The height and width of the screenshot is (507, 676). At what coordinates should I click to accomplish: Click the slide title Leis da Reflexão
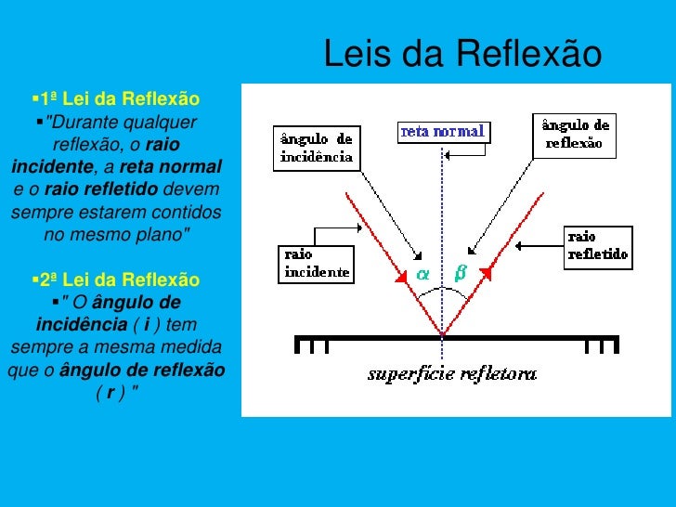(x=463, y=55)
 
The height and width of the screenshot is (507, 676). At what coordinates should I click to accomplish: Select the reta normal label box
(x=443, y=132)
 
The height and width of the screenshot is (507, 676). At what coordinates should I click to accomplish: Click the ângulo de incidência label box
(x=316, y=148)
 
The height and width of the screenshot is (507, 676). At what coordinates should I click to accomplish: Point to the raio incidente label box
(x=316, y=263)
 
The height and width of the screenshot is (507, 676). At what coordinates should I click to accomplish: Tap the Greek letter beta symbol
(x=460, y=273)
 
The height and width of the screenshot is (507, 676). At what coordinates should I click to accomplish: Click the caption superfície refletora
(x=452, y=375)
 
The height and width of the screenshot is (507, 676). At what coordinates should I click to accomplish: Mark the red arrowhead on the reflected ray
(x=484, y=275)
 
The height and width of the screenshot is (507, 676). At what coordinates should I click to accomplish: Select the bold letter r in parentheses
(x=110, y=391)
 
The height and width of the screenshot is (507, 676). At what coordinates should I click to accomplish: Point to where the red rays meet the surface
(x=442, y=334)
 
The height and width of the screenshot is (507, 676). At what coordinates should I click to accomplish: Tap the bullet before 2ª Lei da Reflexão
(x=35, y=279)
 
